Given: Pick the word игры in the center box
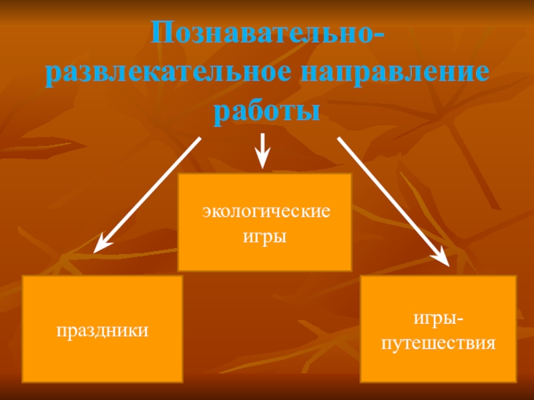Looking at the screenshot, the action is pos(265,237).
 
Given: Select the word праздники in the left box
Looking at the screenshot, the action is pos(102,329).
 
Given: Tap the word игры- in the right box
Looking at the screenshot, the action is pos(438,320).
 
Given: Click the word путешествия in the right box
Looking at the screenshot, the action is pos(438,343).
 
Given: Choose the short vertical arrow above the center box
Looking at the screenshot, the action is pos(263,151).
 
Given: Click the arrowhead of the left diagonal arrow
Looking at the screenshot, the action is pos(100,245).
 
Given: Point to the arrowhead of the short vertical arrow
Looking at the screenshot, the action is pos(263,161).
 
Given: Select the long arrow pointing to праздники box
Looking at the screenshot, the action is pos(148,193).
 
